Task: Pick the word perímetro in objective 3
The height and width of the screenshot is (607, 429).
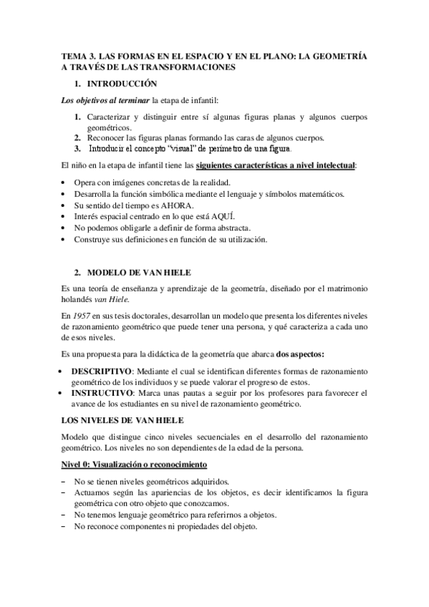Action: (213, 149)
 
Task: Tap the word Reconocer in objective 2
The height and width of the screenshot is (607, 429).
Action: (109, 137)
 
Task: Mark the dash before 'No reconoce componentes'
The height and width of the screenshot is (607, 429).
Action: (65, 526)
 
